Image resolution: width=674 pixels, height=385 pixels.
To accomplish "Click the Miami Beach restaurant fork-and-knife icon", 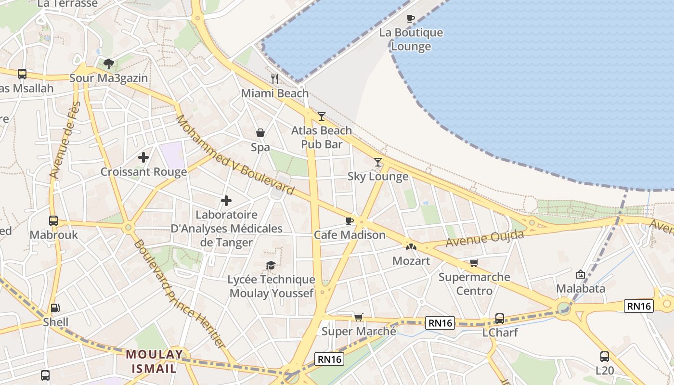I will (x=275, y=79).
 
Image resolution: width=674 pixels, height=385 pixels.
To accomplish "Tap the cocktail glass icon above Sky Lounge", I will (x=378, y=162).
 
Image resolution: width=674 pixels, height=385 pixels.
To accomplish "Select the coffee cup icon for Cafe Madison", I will (x=350, y=221).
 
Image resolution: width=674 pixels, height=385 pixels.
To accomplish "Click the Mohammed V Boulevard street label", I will (x=234, y=154).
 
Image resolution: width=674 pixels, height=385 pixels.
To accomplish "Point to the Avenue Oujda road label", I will (x=484, y=238).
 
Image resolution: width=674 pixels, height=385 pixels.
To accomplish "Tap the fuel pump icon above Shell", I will (x=55, y=308).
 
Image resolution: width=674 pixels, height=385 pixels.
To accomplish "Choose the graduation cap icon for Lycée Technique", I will (x=271, y=266).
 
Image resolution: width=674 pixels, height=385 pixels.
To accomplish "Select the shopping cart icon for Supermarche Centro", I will (x=474, y=263).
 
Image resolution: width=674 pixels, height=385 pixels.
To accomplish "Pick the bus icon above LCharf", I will (x=500, y=319).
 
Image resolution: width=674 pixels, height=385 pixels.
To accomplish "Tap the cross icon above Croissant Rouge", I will (x=143, y=157).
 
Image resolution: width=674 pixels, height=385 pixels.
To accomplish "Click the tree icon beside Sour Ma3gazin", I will (x=109, y=64).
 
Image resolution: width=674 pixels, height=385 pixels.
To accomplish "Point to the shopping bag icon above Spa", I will (x=260, y=133).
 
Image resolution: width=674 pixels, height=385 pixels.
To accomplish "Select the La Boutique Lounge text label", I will (x=411, y=39).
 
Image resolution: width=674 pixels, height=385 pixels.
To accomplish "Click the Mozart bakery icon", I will (x=411, y=247).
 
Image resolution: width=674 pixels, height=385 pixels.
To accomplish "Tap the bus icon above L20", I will (x=605, y=357).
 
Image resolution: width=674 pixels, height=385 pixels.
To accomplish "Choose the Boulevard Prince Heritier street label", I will (x=179, y=294).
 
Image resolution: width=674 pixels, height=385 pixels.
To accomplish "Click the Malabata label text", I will (x=580, y=288).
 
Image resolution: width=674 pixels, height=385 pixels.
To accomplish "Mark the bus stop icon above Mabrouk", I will (x=53, y=221).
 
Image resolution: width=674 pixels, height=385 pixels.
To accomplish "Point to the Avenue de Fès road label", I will (x=64, y=140).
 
